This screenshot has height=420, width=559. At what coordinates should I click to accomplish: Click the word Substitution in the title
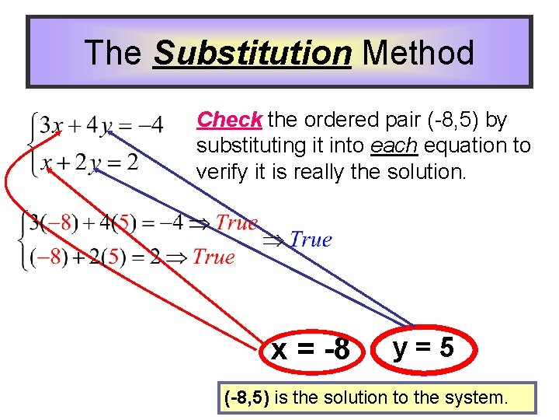(x=252, y=54)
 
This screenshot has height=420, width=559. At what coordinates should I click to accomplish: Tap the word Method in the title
(x=418, y=54)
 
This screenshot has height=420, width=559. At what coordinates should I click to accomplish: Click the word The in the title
(x=113, y=54)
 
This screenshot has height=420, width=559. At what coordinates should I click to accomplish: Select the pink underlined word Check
(x=229, y=121)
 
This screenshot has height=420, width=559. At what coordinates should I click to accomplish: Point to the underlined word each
(x=389, y=145)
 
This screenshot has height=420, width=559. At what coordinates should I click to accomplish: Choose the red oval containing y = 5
(x=423, y=348)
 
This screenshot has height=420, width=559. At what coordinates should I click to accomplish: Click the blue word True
(x=311, y=240)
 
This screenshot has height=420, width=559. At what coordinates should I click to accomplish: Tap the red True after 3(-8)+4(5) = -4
(x=236, y=222)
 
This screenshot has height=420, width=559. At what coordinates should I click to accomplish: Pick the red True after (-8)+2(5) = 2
(x=213, y=257)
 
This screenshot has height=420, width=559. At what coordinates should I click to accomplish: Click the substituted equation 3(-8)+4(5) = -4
(x=105, y=224)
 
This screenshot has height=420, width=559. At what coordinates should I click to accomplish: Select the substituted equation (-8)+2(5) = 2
(x=92, y=257)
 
